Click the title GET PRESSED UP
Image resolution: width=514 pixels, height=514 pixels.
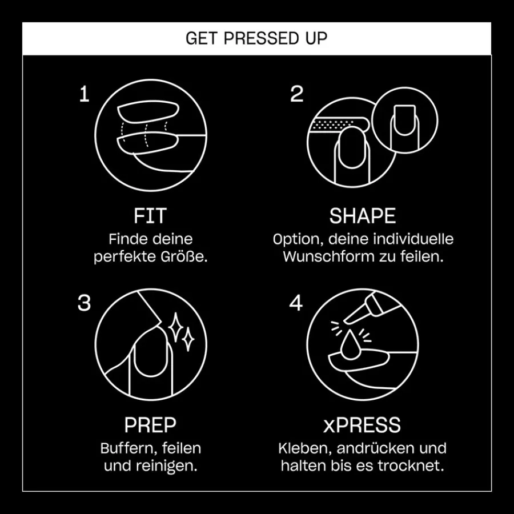pos(256,38)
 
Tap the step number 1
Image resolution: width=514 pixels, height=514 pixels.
pos(85,94)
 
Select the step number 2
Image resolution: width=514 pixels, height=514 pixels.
pos(296,94)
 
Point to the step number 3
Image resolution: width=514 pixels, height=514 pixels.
pos(84,303)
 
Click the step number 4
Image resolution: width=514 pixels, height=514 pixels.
pos(296,303)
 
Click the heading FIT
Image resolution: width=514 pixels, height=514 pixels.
pos(150,216)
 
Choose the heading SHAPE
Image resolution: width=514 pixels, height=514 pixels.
pos(363,216)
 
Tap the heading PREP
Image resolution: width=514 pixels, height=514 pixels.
pos(150,425)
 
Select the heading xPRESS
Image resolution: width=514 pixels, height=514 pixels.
pos(362,425)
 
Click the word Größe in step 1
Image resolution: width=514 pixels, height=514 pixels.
pos(184,256)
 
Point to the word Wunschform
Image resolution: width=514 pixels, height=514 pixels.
pos(329,256)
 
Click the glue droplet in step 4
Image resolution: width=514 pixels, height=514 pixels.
pos(350,345)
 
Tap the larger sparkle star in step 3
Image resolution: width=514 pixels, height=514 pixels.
pos(176,327)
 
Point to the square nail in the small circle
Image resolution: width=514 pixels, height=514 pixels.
pos(405,120)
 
